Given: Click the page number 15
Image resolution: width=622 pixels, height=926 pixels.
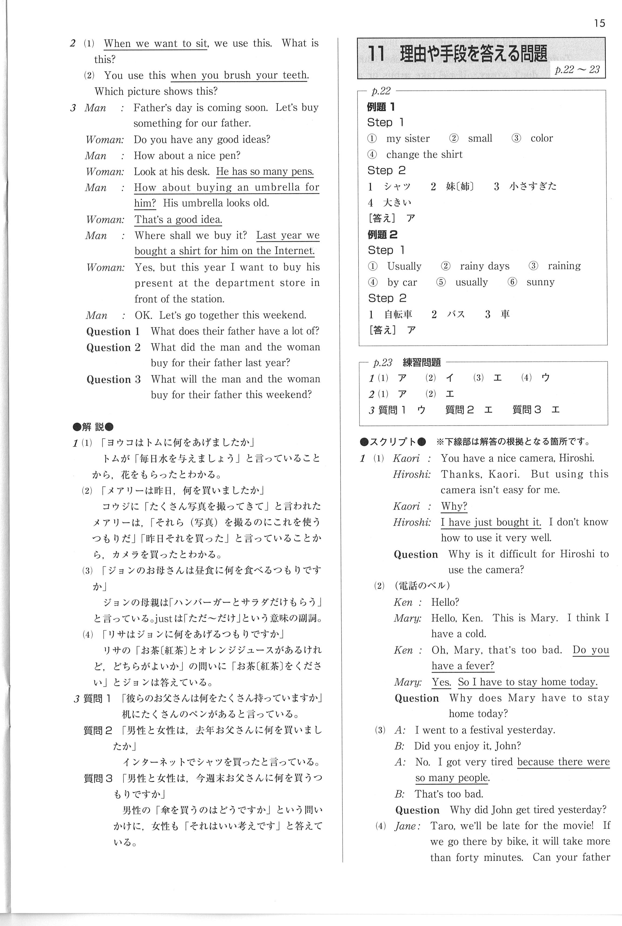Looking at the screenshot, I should [599, 24].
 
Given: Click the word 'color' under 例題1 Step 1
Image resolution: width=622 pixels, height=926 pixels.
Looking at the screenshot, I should [541, 138].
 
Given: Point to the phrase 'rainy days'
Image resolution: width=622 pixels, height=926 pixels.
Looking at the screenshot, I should [484, 266].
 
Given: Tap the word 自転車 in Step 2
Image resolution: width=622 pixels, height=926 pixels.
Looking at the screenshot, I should [398, 315].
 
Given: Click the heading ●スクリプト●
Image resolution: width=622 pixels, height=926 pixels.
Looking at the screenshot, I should [392, 442].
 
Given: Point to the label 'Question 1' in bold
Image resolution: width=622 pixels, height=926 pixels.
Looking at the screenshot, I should [113, 332].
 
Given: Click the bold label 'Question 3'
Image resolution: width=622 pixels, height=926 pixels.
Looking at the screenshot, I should [113, 380].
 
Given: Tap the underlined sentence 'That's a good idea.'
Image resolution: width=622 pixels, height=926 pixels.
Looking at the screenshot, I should [178, 220].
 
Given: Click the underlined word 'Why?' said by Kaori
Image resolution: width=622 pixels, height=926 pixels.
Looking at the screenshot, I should [454, 506].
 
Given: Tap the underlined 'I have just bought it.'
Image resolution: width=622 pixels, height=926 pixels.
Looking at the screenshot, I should [490, 522].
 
